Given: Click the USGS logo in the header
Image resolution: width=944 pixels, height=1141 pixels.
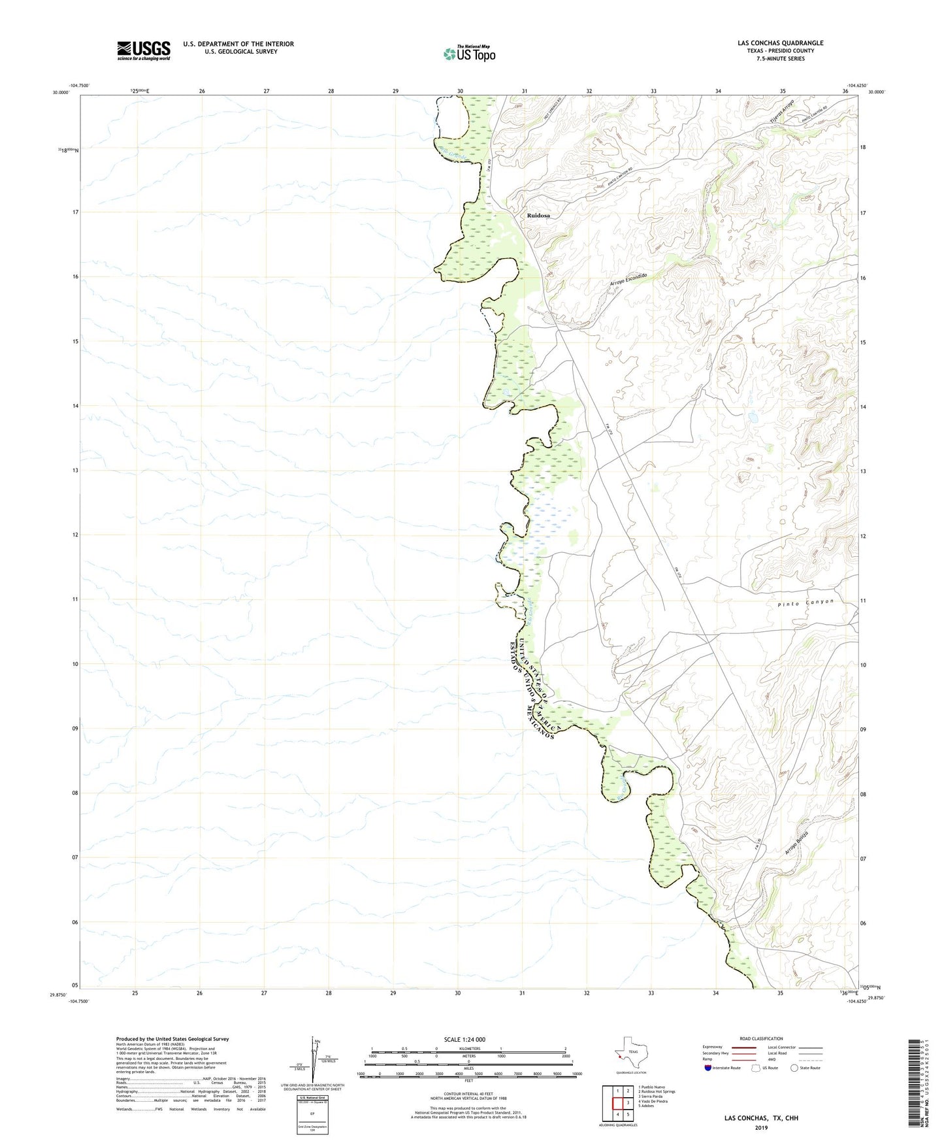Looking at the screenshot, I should coord(144,50).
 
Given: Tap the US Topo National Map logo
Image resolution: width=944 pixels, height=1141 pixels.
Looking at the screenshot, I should coord(469,54).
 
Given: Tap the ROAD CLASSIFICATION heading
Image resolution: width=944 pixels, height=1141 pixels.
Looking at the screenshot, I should coord(761,1039).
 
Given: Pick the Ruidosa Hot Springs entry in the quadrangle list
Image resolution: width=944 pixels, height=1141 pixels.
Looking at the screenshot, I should coord(658,1091).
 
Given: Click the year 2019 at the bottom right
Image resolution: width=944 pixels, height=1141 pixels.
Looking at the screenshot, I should coord(761,1128).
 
